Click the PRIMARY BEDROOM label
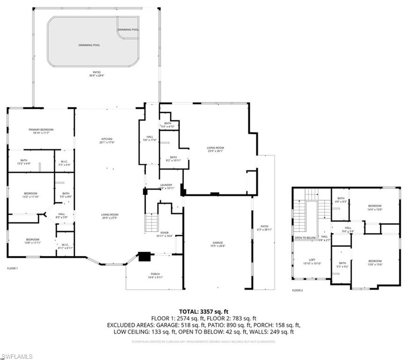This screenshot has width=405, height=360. click(x=41, y=130)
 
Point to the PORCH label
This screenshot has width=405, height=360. click(x=155, y=274)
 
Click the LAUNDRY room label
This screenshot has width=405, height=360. click(x=166, y=185)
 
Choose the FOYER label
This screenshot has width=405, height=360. click(x=164, y=232)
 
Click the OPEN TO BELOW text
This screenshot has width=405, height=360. click(x=305, y=238)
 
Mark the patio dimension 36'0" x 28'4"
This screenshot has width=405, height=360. click(x=96, y=75)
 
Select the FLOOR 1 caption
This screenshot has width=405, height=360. click(x=12, y=268)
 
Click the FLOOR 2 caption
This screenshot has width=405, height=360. click(x=297, y=291)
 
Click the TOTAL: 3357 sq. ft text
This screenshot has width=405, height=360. click(x=202, y=311)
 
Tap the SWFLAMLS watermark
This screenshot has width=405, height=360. click(x=16, y=356)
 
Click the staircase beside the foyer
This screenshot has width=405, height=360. click(x=151, y=222)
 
